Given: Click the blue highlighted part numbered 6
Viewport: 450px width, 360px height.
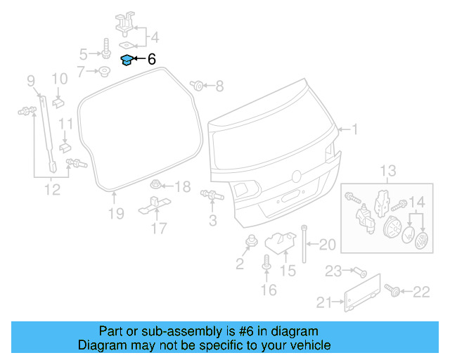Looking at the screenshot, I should coord(127,60).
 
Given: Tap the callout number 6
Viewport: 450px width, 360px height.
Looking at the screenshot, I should coord(152,60).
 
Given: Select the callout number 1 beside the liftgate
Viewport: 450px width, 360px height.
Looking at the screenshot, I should coord(355,129).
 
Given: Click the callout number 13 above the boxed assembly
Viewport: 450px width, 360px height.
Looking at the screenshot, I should coord(388,171).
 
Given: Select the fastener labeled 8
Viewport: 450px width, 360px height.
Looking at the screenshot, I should coord(198,86).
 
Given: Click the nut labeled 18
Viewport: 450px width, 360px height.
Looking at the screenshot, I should coord(156,186).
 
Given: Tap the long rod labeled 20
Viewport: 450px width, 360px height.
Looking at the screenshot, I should coord(304,243).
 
